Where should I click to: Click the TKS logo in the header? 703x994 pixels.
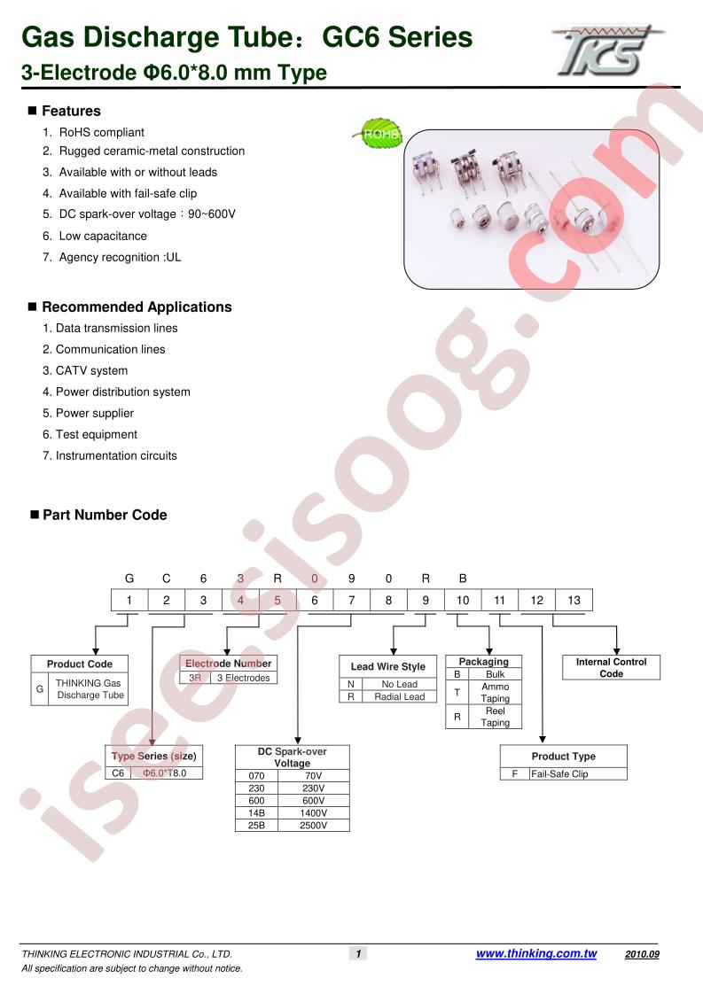606,50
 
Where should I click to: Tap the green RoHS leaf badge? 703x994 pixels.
379,133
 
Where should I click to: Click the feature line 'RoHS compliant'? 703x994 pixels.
102,132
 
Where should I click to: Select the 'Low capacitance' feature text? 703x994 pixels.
103,236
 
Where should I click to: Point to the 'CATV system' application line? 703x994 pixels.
91,370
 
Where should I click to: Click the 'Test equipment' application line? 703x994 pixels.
97,434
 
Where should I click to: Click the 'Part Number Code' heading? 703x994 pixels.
105,515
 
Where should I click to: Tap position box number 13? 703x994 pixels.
574,601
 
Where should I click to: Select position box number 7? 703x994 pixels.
351,601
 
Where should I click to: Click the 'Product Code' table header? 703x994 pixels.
79,664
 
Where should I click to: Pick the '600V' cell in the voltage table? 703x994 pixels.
314,801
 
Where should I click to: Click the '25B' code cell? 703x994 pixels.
256,826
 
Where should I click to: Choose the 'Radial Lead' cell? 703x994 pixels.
399,696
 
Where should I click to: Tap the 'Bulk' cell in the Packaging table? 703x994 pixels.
495,674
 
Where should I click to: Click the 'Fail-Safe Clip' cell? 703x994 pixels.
559,774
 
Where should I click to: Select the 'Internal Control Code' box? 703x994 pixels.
611,667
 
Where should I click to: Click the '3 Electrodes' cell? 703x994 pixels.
244,678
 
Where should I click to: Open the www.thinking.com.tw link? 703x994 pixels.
536,953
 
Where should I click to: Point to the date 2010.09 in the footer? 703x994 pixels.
642,954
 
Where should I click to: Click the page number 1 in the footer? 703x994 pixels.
358,953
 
